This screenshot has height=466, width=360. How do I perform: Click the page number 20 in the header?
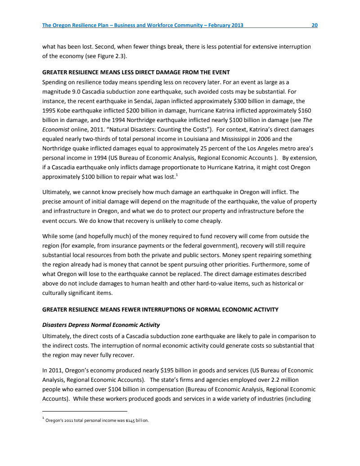coord(315,25)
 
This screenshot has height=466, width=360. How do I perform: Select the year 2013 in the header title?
coord(236,25)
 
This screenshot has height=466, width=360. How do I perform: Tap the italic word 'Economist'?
coord(57,130)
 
